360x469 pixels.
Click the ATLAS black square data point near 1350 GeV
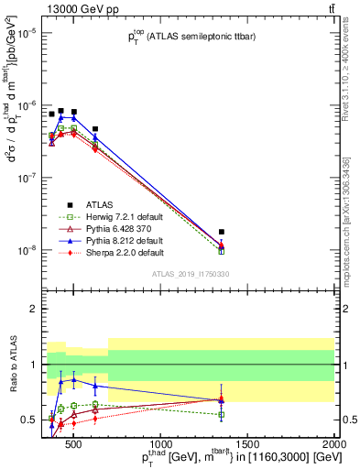(x=324, y=233)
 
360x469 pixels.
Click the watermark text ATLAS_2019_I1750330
(x=191, y=274)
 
